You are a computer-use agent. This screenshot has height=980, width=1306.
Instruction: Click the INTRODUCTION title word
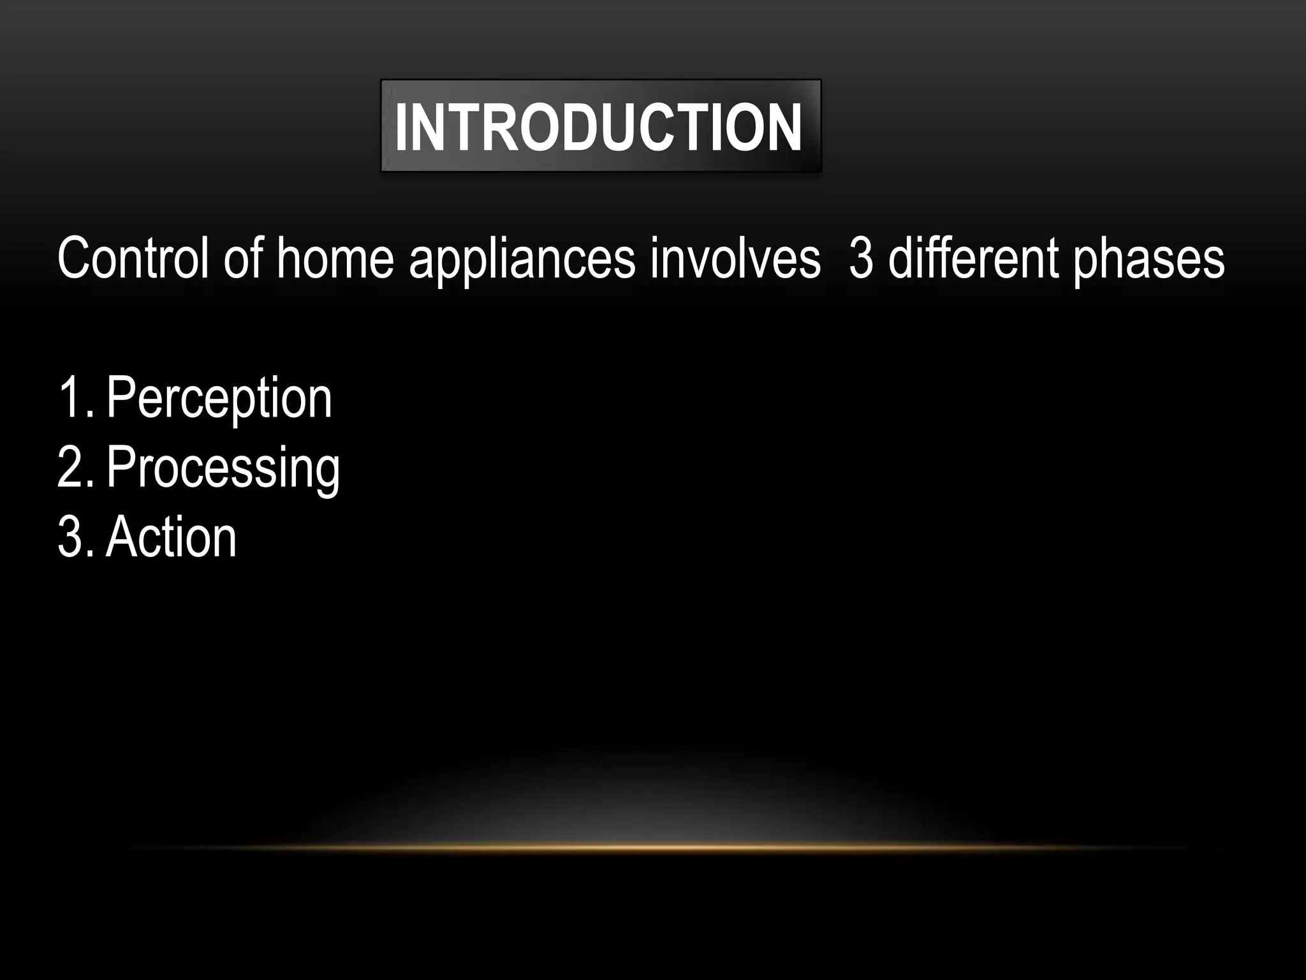598,128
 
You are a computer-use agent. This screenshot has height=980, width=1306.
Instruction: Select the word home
335,258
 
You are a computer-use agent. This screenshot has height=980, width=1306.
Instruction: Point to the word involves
735,258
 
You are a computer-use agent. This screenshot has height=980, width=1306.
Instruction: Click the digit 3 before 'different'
861,258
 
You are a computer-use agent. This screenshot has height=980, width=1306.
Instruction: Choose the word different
973,258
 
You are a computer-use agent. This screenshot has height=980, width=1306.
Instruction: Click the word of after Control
244,258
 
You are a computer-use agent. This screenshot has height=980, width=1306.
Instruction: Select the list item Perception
219,399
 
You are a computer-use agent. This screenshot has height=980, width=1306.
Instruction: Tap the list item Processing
223,469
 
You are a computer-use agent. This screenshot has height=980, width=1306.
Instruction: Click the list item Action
171,538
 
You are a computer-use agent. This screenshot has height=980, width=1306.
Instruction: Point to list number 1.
73,398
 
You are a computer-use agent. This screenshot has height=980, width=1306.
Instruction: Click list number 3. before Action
75,538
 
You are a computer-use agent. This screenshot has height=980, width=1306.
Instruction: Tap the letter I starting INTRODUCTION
402,128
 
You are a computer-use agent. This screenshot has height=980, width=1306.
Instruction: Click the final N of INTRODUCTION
783,128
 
